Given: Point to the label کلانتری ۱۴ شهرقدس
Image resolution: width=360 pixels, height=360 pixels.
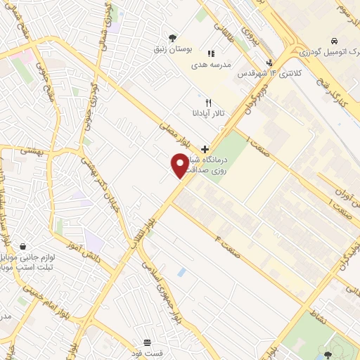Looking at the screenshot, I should pos(264,73).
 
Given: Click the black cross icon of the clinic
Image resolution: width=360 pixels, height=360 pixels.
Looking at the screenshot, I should pos(205,149).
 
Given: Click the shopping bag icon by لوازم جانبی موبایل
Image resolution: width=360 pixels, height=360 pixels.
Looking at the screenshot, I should pos(29,247).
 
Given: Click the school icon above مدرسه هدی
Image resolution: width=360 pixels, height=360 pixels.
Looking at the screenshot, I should pos(210,53).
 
